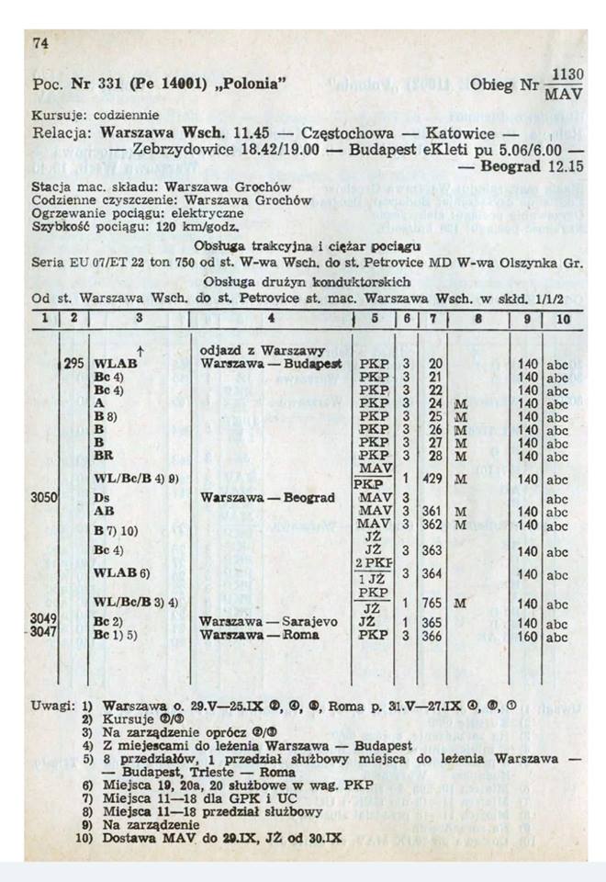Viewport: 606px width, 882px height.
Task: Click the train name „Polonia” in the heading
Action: tap(251, 86)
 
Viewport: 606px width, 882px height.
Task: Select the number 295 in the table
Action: tap(74, 364)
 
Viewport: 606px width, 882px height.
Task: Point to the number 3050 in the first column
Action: tap(44, 497)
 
